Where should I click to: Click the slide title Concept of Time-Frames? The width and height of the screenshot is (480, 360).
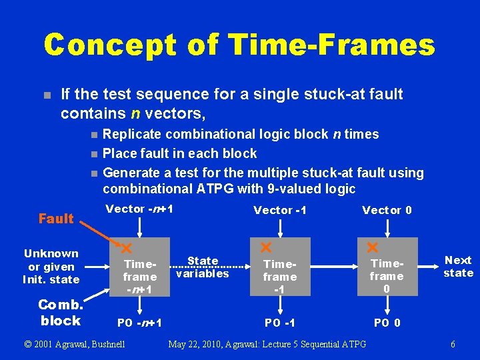coord(239,45)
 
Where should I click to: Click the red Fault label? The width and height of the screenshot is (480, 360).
coord(56,219)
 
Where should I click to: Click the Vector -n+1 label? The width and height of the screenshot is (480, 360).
coord(140,209)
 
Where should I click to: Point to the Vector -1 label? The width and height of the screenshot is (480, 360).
coord(279,211)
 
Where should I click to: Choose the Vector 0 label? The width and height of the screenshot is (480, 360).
coord(387,211)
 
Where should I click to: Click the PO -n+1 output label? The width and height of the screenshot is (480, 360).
coord(140,323)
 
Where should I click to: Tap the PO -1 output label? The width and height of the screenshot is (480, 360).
coord(281,323)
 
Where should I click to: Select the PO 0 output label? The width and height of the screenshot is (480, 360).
coord(387,323)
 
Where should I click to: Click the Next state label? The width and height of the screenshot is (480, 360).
coord(458,267)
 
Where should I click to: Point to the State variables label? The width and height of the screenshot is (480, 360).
coord(203,267)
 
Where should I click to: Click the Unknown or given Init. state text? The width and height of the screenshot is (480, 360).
coord(51,266)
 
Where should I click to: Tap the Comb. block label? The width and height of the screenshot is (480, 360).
coord(60,313)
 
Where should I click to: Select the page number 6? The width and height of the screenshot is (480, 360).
coord(453,345)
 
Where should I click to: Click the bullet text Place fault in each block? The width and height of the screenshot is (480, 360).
coord(179,153)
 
